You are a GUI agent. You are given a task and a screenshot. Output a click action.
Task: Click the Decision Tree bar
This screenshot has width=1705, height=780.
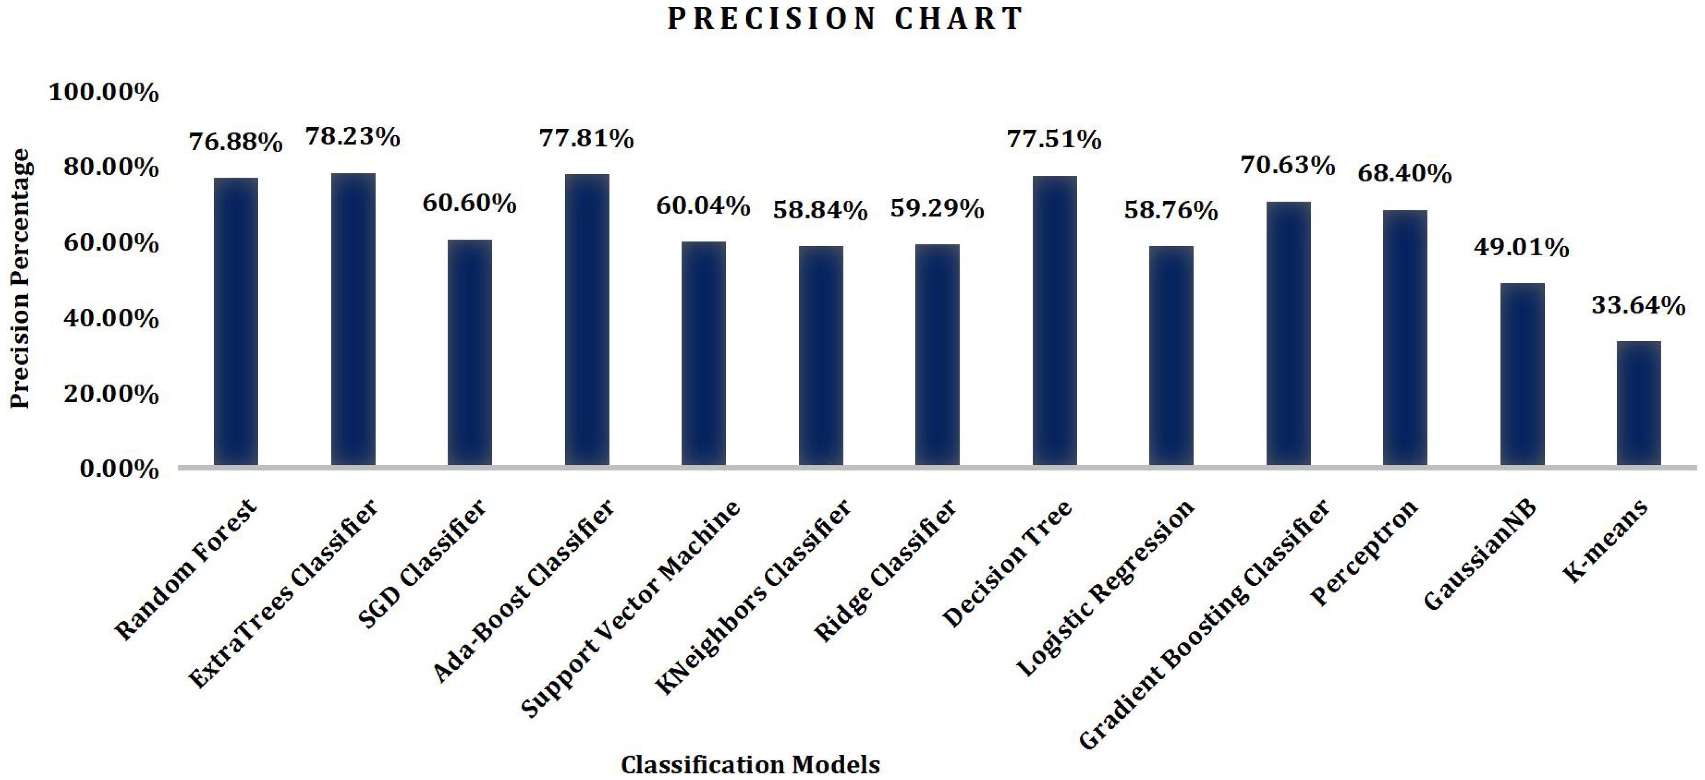1054,320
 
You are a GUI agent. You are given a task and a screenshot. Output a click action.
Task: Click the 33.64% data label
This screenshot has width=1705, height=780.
1638,305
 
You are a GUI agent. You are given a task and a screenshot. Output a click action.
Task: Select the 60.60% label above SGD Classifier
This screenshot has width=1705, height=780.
469,203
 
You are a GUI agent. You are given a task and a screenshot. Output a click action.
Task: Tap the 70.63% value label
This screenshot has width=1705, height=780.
1287,165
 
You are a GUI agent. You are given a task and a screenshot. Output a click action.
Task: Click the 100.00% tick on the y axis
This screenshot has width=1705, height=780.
104,93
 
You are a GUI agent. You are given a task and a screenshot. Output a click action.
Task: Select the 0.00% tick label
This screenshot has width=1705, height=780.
119,470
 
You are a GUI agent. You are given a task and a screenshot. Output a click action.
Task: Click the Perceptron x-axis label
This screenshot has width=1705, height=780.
1365,553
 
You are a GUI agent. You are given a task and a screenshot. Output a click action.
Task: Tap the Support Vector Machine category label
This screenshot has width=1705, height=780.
631,609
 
